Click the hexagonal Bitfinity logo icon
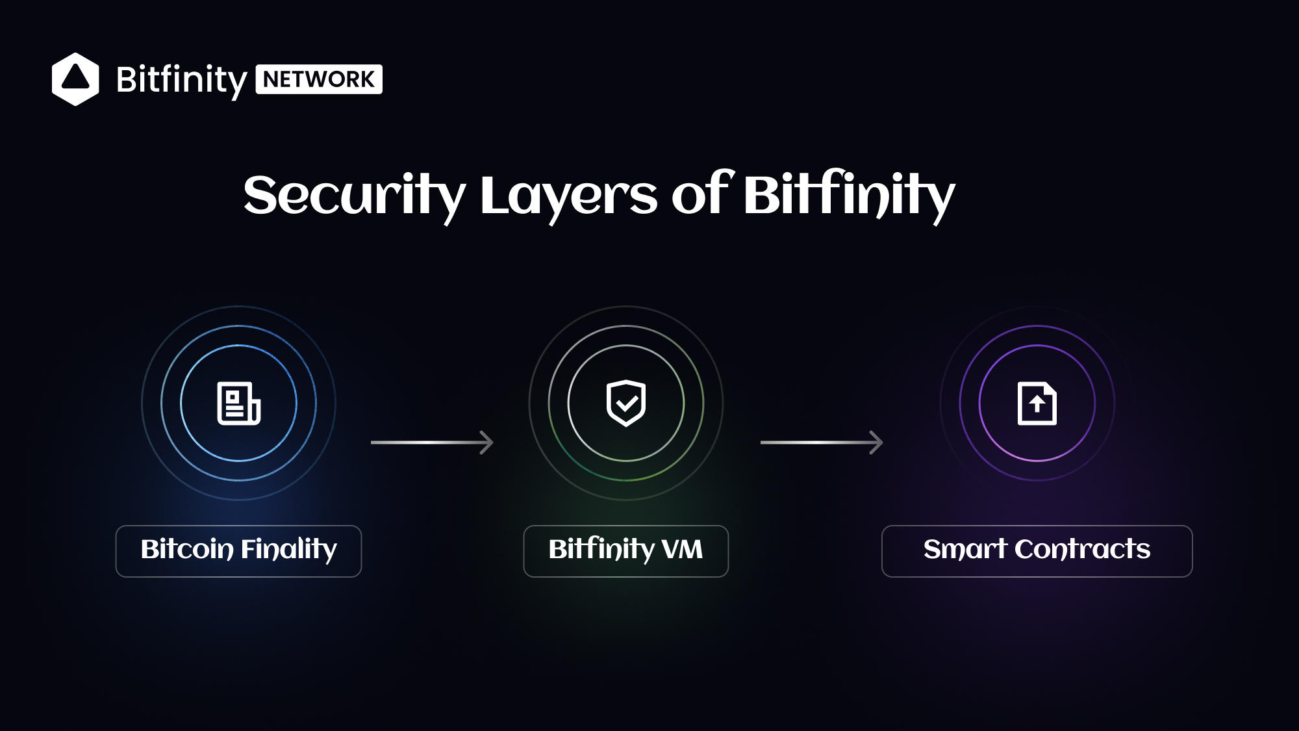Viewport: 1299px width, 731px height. coord(75,79)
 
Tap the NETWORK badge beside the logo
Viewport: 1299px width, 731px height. coord(319,79)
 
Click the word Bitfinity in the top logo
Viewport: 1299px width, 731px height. coord(181,80)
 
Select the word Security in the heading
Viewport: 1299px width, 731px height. coord(355,196)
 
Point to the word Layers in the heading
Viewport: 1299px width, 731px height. coord(568,196)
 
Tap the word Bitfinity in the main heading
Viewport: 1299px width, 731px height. coord(850,194)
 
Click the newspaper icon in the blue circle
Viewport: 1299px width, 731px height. coord(238,404)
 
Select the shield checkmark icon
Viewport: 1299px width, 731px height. coord(626,403)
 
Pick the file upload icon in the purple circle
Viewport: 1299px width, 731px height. coord(1037,404)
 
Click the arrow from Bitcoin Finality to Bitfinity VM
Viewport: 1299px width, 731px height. coord(432,442)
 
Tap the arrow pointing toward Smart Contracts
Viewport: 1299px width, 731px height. coord(822,442)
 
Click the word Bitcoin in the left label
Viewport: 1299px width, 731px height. coord(187,549)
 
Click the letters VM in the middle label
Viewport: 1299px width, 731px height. coord(682,550)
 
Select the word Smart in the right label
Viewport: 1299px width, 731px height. coord(965,549)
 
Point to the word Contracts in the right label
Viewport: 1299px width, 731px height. coord(1083,549)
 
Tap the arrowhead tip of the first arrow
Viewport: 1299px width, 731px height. coord(493,442)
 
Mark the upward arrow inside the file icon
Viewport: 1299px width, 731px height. coord(1037,404)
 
